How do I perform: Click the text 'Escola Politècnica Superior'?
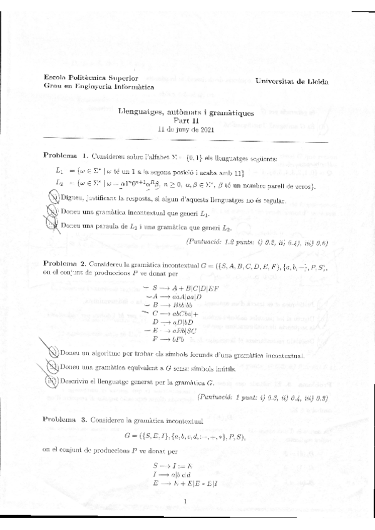click(x=85, y=77)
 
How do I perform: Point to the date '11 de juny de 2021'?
click(x=186, y=129)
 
